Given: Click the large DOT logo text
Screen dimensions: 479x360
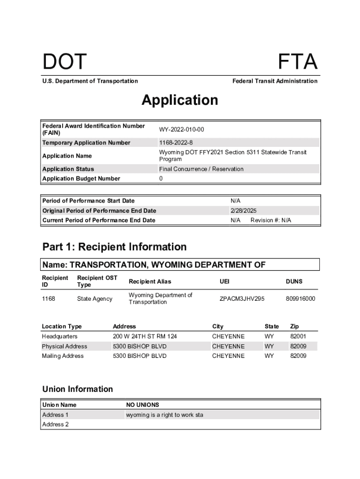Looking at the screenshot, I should (x=65, y=62).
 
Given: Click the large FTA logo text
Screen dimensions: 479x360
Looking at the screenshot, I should (x=298, y=62).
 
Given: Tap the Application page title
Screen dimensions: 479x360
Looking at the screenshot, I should (x=180, y=100).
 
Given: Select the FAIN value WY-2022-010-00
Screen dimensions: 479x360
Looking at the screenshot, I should (x=181, y=130).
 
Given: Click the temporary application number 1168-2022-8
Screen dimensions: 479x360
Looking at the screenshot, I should (x=176, y=143).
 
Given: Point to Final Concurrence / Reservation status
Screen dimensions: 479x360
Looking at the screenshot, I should (x=201, y=169).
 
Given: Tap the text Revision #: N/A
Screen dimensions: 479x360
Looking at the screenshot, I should (x=271, y=220).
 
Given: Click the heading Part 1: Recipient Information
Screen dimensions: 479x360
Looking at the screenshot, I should (x=115, y=247).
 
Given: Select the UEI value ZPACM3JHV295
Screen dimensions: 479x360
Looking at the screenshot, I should (x=242, y=298).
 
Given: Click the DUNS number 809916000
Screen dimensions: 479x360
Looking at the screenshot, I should (x=300, y=298).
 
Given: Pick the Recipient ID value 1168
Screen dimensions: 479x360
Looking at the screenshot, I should (x=48, y=298).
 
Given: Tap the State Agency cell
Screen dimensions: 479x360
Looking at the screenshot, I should (x=95, y=298).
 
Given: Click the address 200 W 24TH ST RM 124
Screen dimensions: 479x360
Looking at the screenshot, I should (x=145, y=336).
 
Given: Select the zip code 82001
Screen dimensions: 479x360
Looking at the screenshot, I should (x=298, y=336).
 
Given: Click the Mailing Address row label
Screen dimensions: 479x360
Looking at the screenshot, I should (x=63, y=356).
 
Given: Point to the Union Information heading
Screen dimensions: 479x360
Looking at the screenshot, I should (x=78, y=389).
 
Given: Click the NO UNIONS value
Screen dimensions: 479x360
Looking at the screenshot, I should (x=143, y=405).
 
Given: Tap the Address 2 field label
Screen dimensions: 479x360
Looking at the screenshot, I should (x=55, y=424).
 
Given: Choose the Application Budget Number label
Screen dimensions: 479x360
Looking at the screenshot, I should (x=81, y=179).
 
